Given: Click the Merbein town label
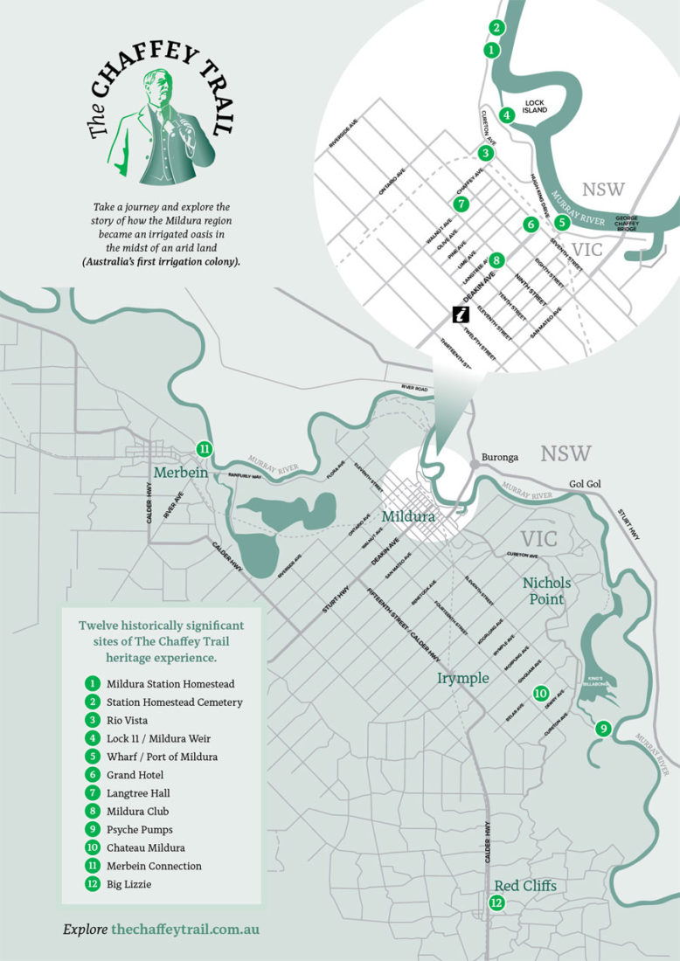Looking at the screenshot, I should [181, 473].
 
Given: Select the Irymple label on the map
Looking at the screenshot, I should [462, 678].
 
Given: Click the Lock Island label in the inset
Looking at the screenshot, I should [534, 106].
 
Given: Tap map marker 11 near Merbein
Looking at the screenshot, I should [204, 449].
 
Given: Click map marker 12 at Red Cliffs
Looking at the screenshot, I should [496, 902].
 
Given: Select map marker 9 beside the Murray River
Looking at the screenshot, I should [601, 728].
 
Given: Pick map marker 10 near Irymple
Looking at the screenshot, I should [540, 692].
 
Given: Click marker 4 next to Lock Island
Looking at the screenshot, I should [506, 114].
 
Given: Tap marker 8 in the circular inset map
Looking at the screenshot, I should [496, 259].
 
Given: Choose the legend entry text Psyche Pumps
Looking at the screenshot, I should [137, 829].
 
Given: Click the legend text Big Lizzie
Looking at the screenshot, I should [130, 884].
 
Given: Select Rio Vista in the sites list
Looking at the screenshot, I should [129, 720].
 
